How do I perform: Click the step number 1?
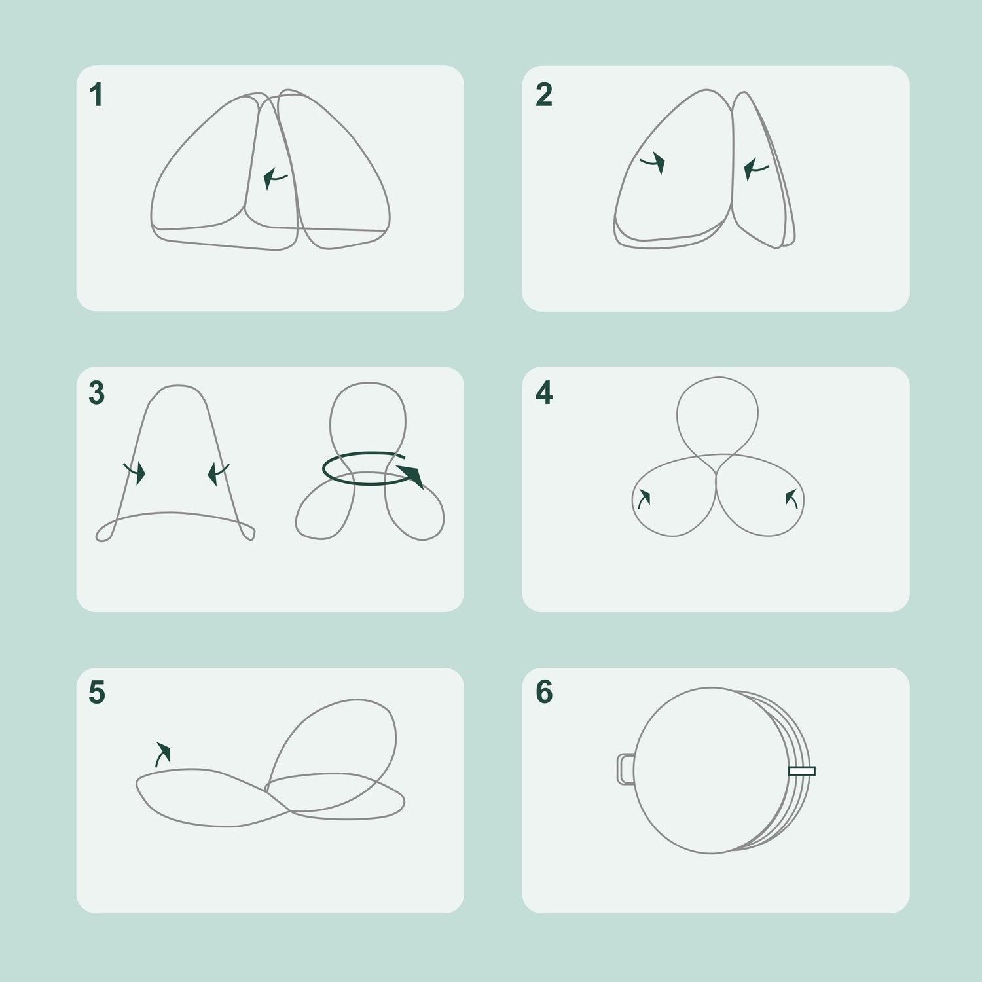96,96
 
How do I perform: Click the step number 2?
543,96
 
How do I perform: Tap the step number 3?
96,393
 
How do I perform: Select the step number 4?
544,393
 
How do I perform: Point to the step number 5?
96,693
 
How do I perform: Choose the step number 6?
544,693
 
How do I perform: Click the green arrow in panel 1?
274,178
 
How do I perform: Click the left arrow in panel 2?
653,163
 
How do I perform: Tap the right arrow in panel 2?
755,170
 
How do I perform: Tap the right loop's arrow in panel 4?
791,499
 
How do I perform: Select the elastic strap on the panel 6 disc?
802,771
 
